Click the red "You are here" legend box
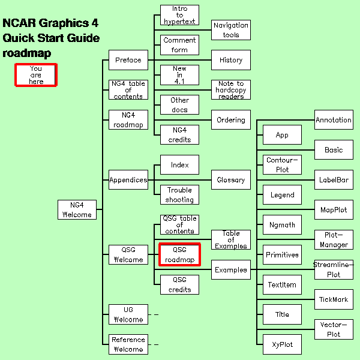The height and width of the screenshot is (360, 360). pyautogui.click(x=36, y=76)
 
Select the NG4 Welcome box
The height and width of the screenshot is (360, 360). pyautogui.click(x=77, y=209)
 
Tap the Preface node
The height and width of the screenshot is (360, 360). pyautogui.click(x=128, y=60)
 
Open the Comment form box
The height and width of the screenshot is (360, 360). pyautogui.click(x=179, y=45)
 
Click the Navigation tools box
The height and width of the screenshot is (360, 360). pyautogui.click(x=231, y=30)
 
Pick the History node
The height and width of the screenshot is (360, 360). pyautogui.click(x=231, y=60)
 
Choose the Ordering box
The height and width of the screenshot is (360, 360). pyautogui.click(x=231, y=119)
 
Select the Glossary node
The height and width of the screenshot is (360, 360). pyautogui.click(x=231, y=179)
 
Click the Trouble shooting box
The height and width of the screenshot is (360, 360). pyautogui.click(x=179, y=194)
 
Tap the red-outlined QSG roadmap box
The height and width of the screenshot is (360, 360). pyautogui.click(x=179, y=254)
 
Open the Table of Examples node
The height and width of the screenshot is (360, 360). pyautogui.click(x=231, y=240)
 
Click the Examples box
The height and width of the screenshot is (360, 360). pyautogui.click(x=231, y=270)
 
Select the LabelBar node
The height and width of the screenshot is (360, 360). pyautogui.click(x=334, y=179)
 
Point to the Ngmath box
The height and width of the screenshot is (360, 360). pyautogui.click(x=282, y=225)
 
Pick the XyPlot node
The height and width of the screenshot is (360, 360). pyautogui.click(x=282, y=344)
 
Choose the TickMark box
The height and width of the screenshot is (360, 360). pyautogui.click(x=334, y=299)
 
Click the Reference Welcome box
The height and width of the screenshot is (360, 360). pyautogui.click(x=128, y=344)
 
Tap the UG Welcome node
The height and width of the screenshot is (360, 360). pyautogui.click(x=128, y=314)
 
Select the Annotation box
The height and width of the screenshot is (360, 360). pyautogui.click(x=334, y=119)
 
